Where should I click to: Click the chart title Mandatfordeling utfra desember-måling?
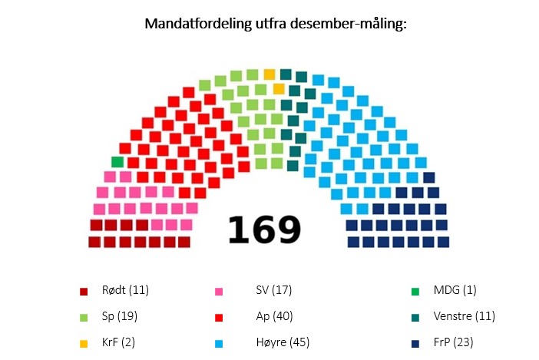[275, 24]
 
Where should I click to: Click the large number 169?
[263, 228]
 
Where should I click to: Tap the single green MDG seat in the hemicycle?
[117, 162]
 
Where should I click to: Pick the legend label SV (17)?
[273, 290]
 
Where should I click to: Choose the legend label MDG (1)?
[455, 290]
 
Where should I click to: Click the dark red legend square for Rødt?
[84, 292]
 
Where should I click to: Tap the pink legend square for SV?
[219, 292]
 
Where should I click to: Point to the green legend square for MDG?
[415, 292]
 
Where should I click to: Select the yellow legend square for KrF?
[84, 343]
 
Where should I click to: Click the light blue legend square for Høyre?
[219, 343]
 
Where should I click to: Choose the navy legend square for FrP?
[415, 343]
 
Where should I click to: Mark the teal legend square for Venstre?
[415, 317]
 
